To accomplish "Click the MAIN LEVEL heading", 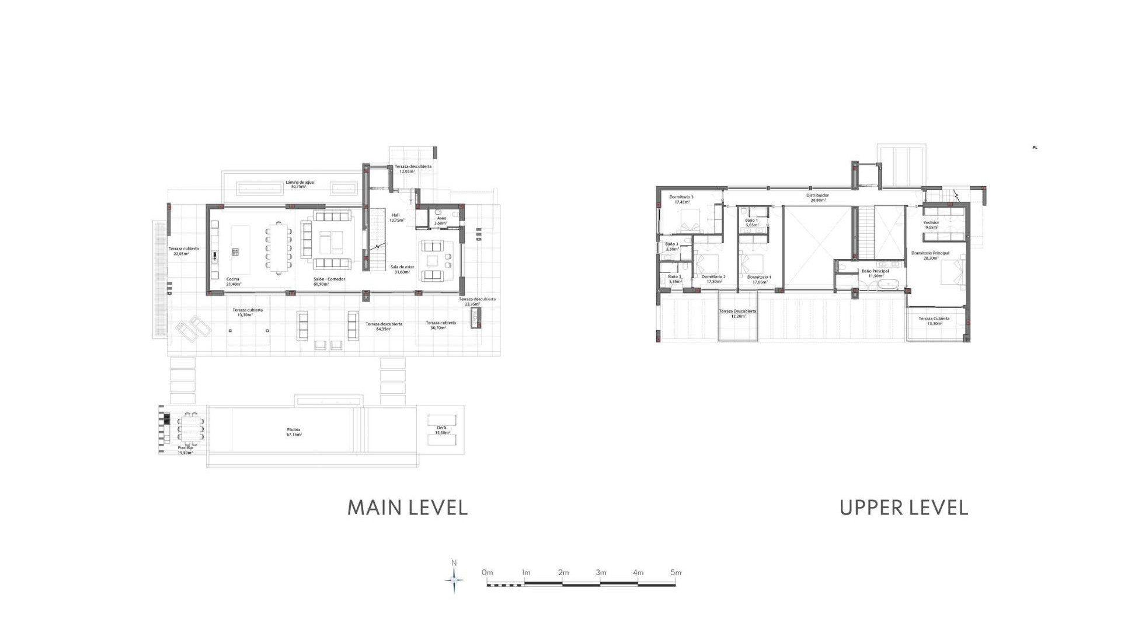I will [408, 508].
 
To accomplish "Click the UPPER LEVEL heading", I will [903, 508].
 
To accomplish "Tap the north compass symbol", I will [454, 579].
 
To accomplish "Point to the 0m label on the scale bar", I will [487, 572].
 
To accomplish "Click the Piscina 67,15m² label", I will [294, 432].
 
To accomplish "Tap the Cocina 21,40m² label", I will [233, 281].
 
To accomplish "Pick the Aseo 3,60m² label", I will [441, 220].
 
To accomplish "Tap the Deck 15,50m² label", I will [442, 430].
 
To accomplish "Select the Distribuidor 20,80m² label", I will [817, 198].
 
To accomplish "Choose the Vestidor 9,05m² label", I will [931, 225].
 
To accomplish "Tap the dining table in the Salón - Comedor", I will [279, 248].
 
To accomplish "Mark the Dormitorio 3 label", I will [681, 199].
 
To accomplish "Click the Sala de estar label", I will [402, 269].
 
